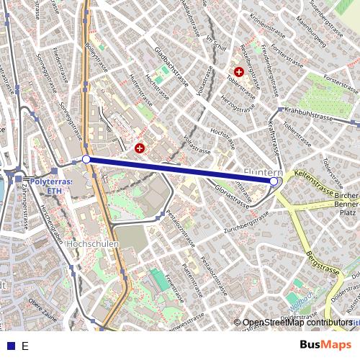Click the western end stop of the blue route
click(x=86, y=159)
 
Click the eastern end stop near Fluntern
click(x=274, y=181)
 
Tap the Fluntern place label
click(x=264, y=173)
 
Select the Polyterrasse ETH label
click(x=50, y=186)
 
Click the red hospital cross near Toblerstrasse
click(x=238, y=72)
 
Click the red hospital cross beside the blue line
click(x=140, y=148)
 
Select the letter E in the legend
click(x=25, y=346)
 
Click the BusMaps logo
click(x=325, y=345)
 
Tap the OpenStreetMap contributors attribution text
click(x=297, y=323)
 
